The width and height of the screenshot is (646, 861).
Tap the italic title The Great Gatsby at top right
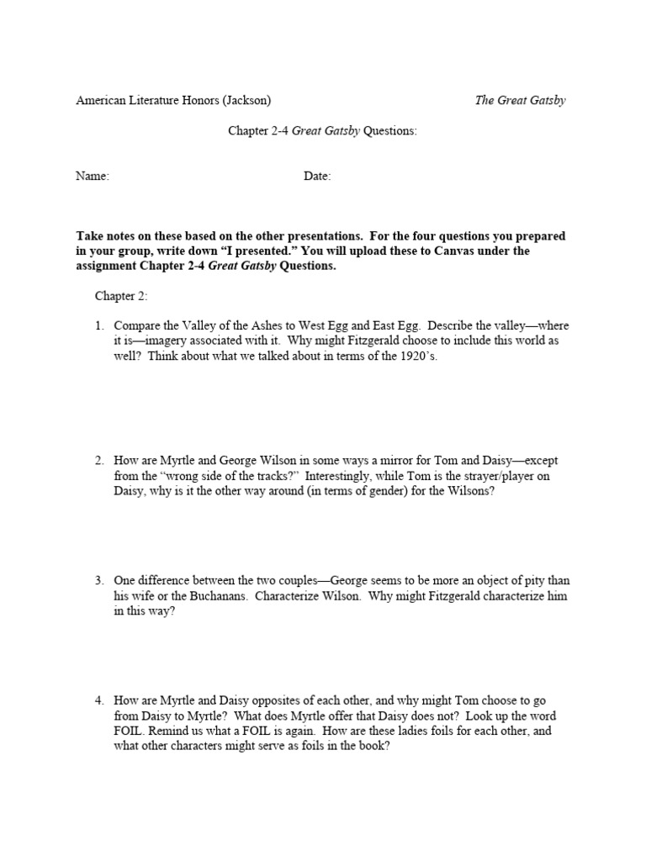520,100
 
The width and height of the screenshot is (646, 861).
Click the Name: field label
93,177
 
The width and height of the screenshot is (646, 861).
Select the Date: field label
317,177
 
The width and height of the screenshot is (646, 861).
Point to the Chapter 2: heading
121,297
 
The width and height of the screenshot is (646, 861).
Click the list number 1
98,325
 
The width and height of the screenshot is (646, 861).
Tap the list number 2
98,461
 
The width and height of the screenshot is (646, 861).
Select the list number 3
98,581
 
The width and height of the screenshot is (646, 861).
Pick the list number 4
98,700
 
